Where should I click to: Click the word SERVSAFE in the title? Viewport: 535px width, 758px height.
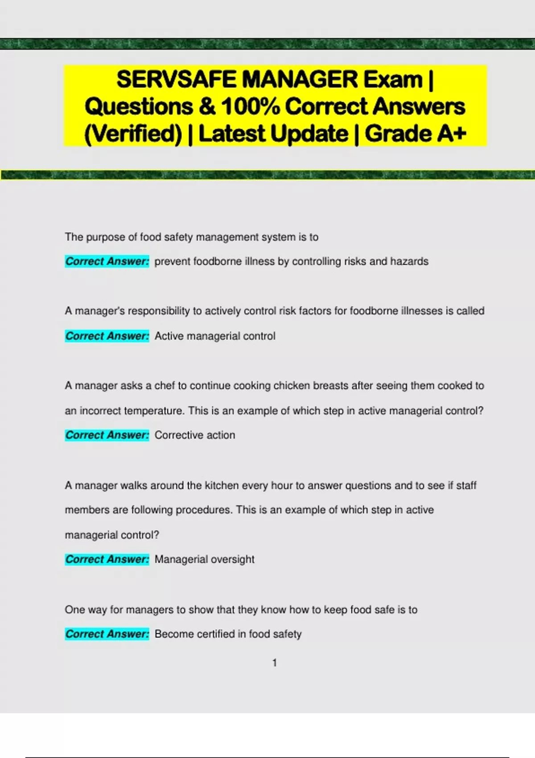click(176, 80)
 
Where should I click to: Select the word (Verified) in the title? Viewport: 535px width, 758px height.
click(133, 133)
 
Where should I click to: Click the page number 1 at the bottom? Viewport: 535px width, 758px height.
click(275, 663)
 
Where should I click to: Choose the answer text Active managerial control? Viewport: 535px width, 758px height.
click(215, 336)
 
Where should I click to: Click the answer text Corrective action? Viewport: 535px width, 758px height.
click(195, 435)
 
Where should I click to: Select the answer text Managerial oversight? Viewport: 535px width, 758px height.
click(204, 560)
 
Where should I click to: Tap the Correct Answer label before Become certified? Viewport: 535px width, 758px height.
click(107, 634)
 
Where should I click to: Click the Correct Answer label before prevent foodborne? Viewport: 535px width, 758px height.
click(107, 261)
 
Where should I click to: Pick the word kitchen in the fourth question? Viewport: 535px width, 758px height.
click(222, 485)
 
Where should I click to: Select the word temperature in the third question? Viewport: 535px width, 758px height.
click(154, 411)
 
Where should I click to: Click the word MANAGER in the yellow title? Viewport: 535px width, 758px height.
click(300, 80)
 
